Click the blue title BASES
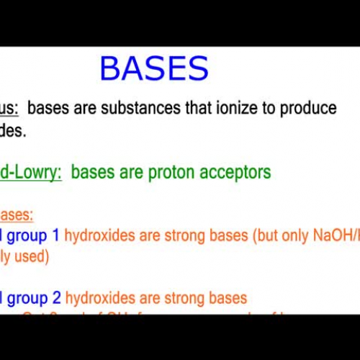coord(154,69)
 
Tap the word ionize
coord(248,108)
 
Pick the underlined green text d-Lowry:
coord(30,172)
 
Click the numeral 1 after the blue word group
coord(55,235)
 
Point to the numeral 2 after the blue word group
coord(55,297)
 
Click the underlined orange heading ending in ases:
coord(16,215)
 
